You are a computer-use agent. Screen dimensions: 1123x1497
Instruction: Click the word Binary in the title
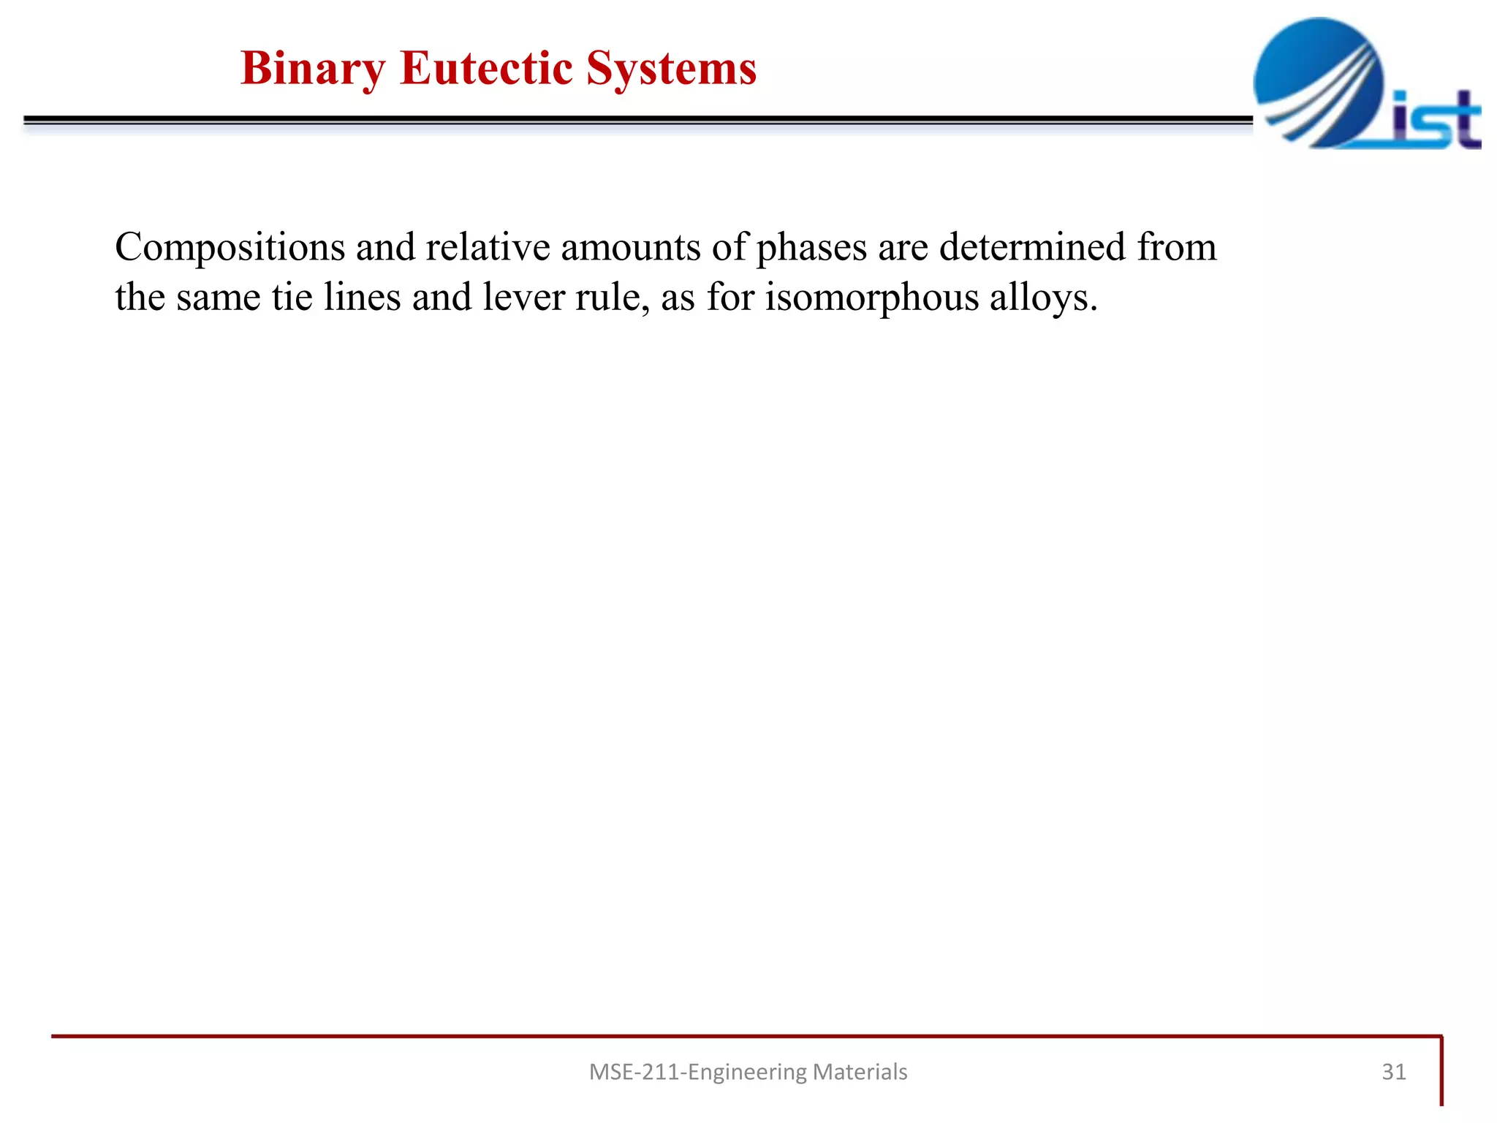click(313, 69)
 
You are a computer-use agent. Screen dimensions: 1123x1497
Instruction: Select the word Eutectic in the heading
click(486, 69)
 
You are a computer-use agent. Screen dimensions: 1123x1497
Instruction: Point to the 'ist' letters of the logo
click(1436, 120)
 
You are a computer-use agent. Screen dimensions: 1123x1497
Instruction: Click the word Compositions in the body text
click(230, 247)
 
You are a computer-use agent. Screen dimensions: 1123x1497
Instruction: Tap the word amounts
click(630, 247)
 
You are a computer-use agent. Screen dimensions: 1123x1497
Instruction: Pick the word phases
click(811, 247)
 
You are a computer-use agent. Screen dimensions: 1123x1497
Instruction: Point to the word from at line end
click(1177, 247)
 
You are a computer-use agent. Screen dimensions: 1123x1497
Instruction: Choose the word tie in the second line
click(292, 298)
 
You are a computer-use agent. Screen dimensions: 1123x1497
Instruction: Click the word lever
click(523, 298)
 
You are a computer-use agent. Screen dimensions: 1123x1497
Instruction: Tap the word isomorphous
click(872, 298)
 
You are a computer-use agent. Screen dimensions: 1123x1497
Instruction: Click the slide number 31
click(1394, 1072)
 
